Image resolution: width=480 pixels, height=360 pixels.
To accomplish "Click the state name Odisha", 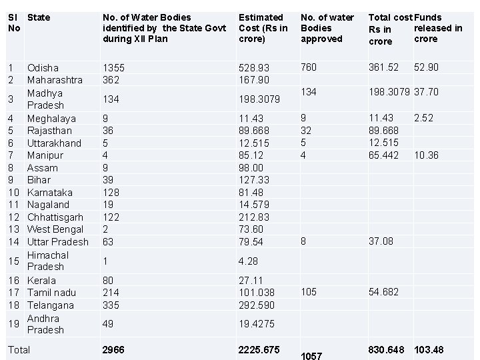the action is [43, 67].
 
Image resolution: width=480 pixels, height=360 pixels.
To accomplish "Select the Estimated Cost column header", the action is [263, 28].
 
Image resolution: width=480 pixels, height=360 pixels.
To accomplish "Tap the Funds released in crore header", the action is [438, 28].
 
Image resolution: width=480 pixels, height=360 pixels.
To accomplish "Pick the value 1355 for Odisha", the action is [113, 67].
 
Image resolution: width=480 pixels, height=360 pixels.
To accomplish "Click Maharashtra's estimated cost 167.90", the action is [254, 80].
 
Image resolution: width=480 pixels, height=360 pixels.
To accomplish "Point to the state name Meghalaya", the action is [51, 119].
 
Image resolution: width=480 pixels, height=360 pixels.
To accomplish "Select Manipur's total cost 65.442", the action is [383, 155].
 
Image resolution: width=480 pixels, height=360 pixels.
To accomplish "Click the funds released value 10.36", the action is [426, 155].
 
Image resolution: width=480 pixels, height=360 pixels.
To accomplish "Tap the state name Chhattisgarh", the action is [55, 217].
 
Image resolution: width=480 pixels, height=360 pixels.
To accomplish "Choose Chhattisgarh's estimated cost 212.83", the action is [254, 217].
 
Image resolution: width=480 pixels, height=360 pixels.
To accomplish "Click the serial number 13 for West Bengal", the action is [14, 229].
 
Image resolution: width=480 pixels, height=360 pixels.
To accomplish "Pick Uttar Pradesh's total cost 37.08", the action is [381, 241].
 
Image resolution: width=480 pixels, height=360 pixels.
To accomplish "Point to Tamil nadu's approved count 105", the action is [309, 292].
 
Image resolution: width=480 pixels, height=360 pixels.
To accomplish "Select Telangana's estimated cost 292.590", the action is [257, 305].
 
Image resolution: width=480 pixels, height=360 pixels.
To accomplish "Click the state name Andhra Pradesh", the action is [45, 324].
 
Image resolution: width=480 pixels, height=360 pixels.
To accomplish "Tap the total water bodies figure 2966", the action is [113, 350].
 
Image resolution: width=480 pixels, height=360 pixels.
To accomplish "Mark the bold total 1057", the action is [311, 356].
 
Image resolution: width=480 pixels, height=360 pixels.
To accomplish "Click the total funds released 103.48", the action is [429, 350].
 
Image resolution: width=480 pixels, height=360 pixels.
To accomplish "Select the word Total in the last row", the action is [19, 350].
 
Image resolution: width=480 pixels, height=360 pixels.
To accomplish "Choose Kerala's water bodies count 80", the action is [108, 281].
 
